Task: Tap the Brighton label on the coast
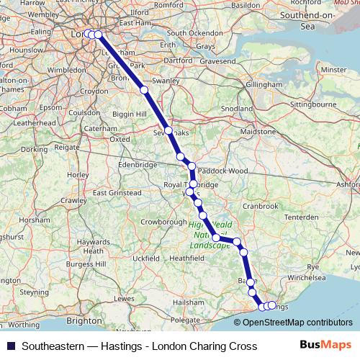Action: (84, 320)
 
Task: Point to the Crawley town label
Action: (73, 200)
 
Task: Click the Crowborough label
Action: (163, 222)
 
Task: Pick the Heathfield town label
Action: (188, 257)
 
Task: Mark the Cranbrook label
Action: (261, 206)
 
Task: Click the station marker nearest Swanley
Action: (144, 90)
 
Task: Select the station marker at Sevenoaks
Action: (168, 130)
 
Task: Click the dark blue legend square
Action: (9, 346)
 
